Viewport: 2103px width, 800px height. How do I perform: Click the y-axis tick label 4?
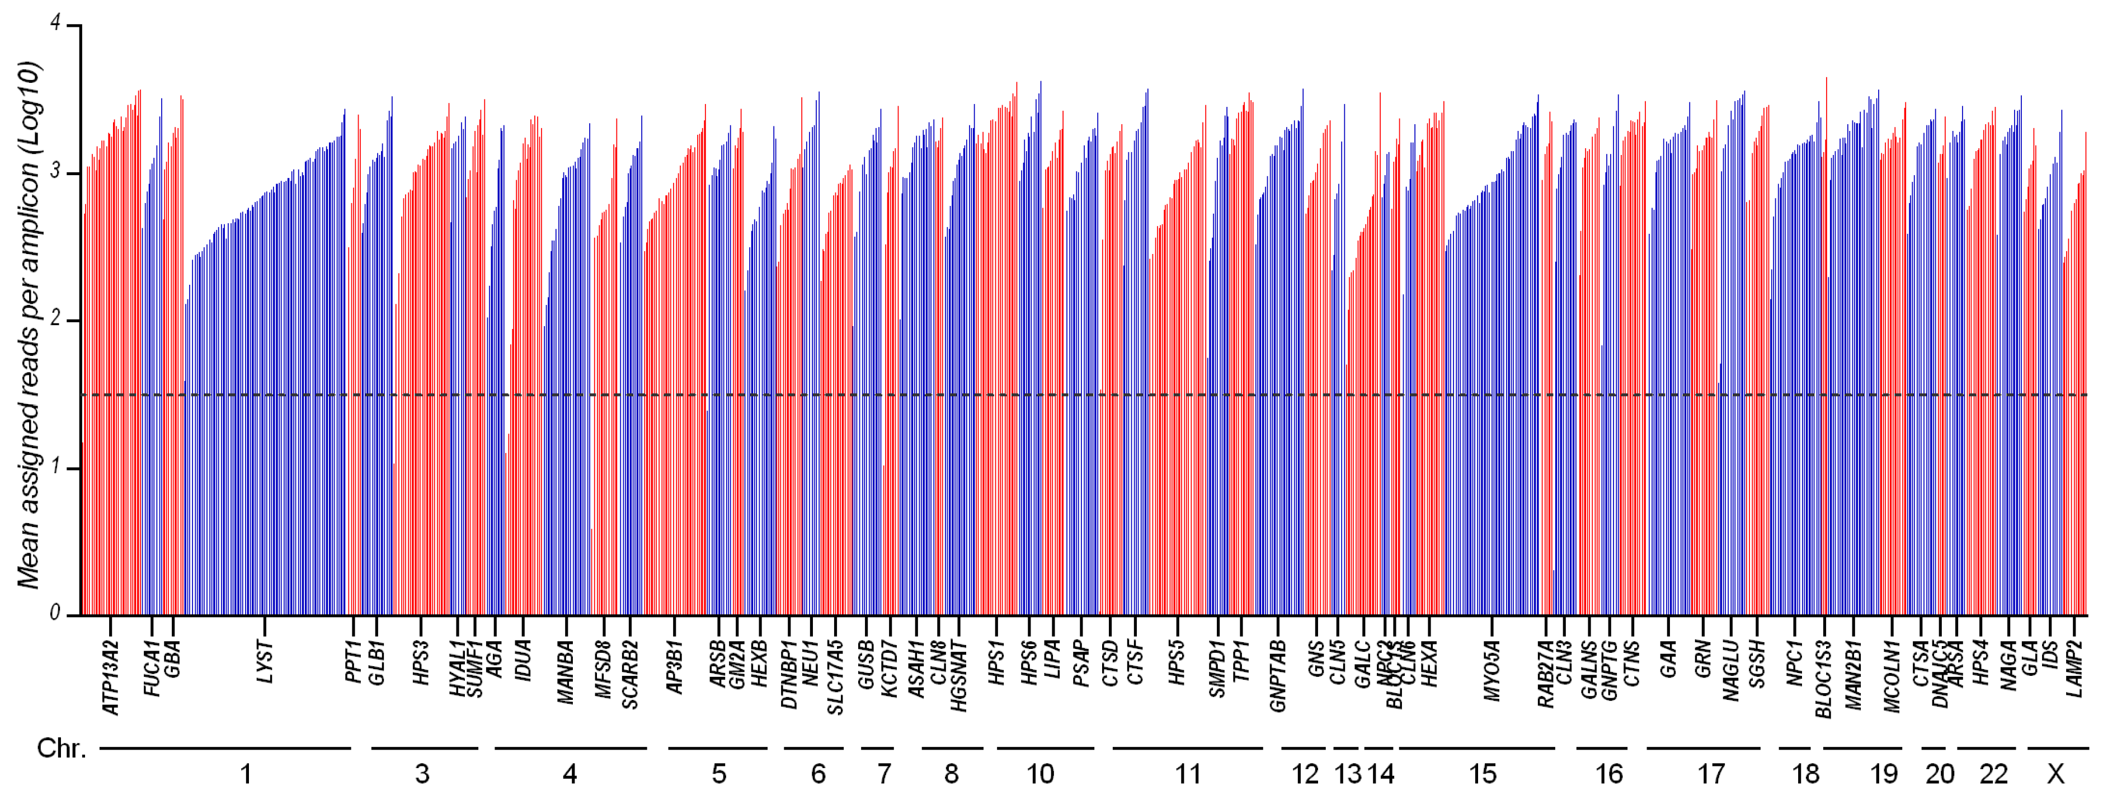55,23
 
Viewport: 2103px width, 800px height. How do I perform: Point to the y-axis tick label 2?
55,319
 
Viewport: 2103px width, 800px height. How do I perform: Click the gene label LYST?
265,662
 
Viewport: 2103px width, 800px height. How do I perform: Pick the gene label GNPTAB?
1278,676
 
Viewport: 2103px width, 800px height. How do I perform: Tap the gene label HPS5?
1177,662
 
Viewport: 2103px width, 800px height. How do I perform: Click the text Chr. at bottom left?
61,749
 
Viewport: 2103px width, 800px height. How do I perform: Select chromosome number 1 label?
245,774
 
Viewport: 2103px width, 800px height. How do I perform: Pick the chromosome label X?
2055,774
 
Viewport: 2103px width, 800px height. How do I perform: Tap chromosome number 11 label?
1188,774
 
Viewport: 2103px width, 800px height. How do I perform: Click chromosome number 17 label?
1711,774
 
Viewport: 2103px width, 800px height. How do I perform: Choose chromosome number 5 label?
718,774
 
